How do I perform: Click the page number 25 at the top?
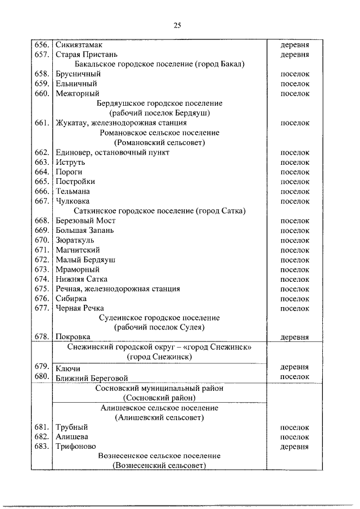pyautogui.click(x=177, y=25)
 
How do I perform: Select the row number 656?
pyautogui.click(x=42, y=44)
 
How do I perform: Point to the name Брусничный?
pyautogui.click(x=78, y=74)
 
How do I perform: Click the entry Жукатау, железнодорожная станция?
pyautogui.click(x=121, y=123)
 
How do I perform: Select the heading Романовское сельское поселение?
pyautogui.click(x=159, y=133)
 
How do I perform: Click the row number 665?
pyautogui.click(x=42, y=182)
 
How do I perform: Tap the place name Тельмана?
pyautogui.click(x=73, y=191)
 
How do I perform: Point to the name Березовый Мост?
pyautogui.click(x=85, y=220)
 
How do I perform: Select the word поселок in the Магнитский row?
pyautogui.click(x=295, y=250)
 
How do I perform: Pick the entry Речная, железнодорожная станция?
pyautogui.click(x=118, y=289)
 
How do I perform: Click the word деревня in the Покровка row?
pyautogui.click(x=295, y=337)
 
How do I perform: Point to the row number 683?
pyautogui.click(x=42, y=447)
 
